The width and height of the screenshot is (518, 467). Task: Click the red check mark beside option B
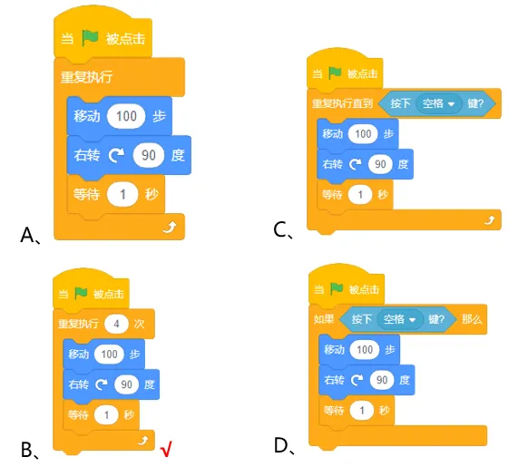(x=166, y=449)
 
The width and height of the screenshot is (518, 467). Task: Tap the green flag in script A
(x=90, y=38)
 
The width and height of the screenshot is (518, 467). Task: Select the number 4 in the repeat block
(x=116, y=324)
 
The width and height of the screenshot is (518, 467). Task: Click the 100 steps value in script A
(x=126, y=116)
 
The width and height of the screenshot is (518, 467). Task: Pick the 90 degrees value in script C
(x=380, y=164)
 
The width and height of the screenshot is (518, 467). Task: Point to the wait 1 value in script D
(x=362, y=411)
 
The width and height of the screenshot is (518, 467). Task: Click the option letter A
(x=28, y=235)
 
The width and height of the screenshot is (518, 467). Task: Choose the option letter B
(x=27, y=450)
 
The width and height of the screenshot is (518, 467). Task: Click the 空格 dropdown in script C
(x=438, y=103)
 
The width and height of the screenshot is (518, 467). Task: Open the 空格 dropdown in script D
(x=399, y=319)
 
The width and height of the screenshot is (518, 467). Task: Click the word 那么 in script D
(x=472, y=319)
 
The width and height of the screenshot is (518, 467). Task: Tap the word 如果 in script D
(x=324, y=319)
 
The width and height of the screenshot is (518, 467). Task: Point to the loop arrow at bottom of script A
(x=171, y=227)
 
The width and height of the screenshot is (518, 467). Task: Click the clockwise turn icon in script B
(x=102, y=384)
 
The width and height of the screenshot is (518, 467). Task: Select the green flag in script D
(x=337, y=289)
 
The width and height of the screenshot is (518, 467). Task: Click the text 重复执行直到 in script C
(x=342, y=103)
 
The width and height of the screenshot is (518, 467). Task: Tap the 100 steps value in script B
(x=109, y=354)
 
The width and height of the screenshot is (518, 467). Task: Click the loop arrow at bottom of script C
(x=490, y=220)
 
